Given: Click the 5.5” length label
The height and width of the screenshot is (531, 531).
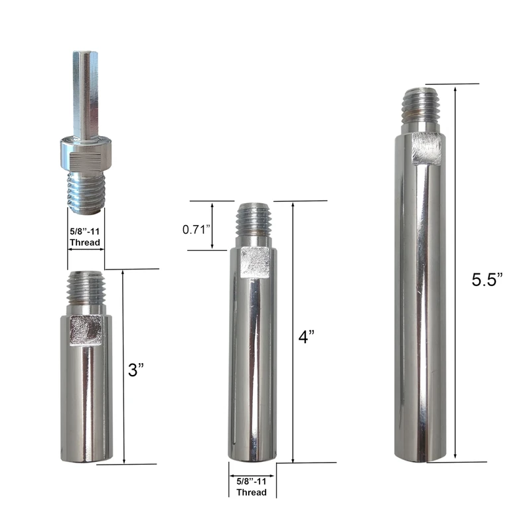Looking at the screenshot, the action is coord(487,279).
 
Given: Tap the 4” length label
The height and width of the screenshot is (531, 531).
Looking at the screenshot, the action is coord(307,337).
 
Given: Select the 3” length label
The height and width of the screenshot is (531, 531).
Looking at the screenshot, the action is coord(136,370).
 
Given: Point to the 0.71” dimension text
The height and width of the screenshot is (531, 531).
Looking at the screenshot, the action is coord(196,230).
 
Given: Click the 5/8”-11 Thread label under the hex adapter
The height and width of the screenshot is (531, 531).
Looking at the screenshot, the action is coord(85,237).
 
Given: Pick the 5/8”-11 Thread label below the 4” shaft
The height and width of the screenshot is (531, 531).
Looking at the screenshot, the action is coord(252,487).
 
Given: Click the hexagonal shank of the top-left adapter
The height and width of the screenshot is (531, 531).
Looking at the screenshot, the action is coord(86,95).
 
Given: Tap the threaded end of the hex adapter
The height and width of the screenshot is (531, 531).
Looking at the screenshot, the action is coord(86,192).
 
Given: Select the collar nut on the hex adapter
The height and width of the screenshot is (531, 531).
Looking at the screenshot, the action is coord(86,153).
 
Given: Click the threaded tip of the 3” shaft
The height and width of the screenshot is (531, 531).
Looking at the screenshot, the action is coord(86,287).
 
